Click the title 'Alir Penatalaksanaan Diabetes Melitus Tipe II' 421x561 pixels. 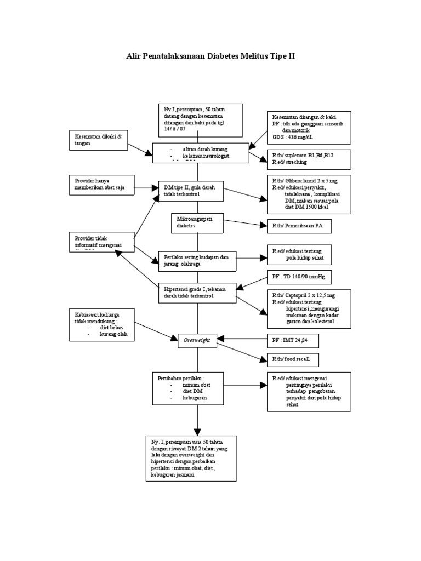[x=210, y=56]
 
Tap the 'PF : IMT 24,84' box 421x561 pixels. [x=292, y=341]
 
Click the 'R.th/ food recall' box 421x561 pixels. [x=292, y=360]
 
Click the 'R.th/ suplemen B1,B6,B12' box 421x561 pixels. [x=309, y=158]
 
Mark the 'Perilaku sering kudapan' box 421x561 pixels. [x=197, y=260]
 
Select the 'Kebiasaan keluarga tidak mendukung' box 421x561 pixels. [x=101, y=324]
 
